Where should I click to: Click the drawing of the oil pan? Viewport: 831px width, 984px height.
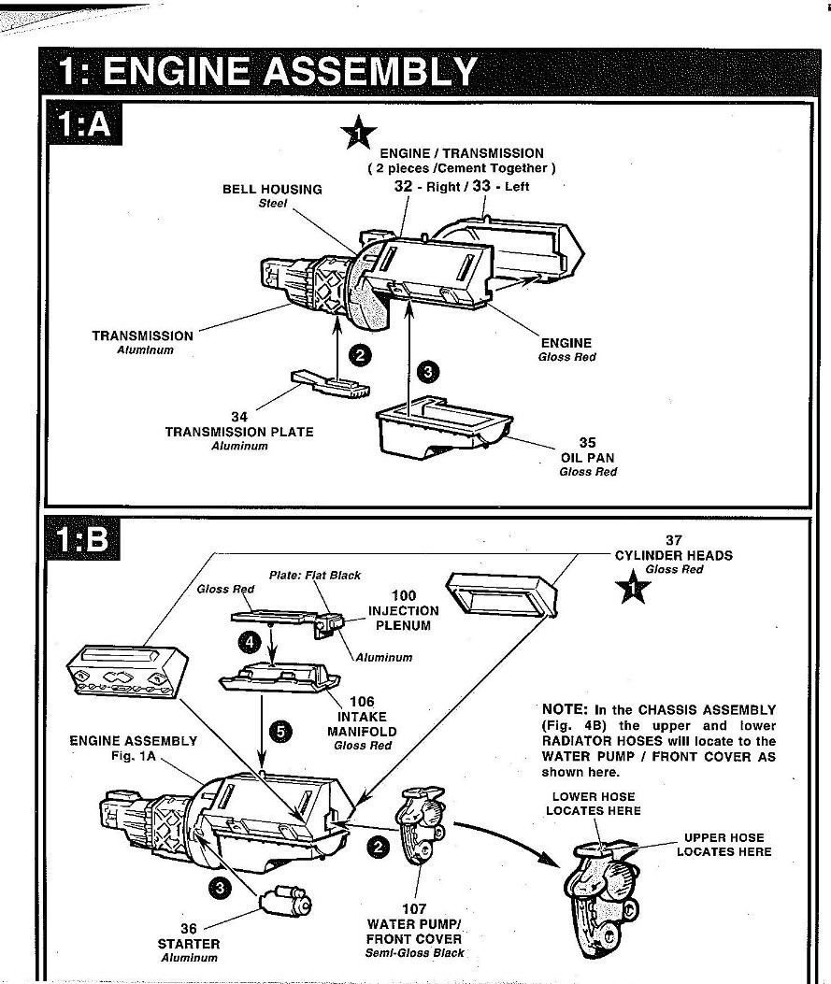(440, 427)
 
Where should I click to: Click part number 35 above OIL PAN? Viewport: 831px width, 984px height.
(587, 443)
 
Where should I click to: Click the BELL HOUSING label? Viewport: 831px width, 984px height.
(271, 189)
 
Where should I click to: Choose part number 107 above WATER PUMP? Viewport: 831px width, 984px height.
(414, 909)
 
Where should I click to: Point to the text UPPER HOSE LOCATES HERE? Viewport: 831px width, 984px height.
(724, 845)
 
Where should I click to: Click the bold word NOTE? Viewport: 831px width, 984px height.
(564, 709)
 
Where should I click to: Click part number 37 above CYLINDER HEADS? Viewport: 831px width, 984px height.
(673, 540)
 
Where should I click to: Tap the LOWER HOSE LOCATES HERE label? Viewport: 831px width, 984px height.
(593, 804)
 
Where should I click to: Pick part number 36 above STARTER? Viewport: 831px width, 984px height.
(189, 929)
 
